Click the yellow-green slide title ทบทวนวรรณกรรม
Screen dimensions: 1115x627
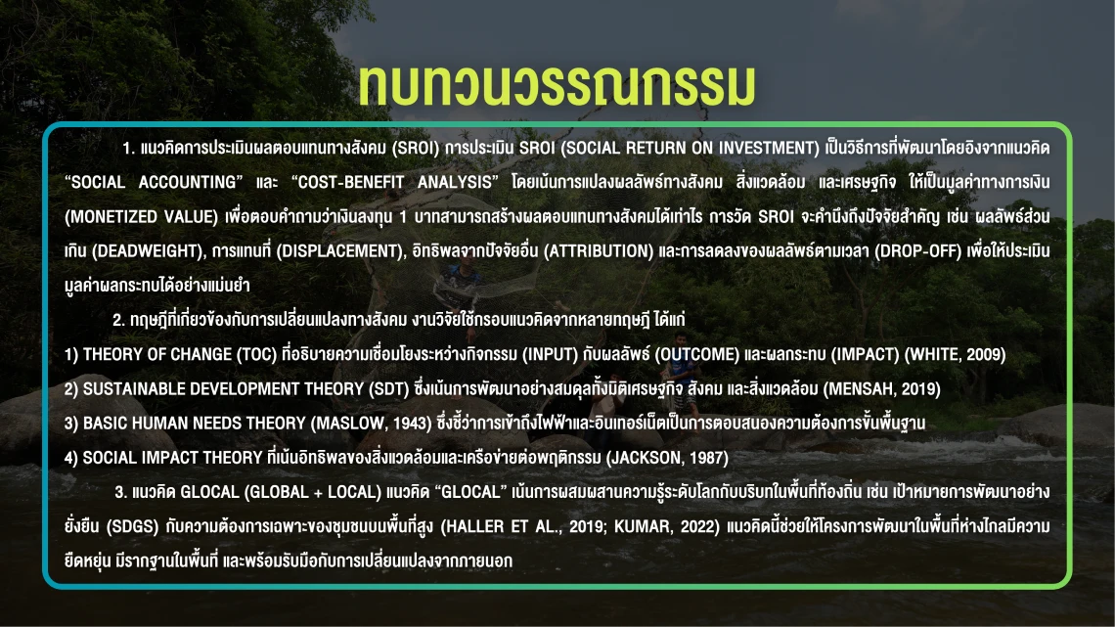click(x=557, y=85)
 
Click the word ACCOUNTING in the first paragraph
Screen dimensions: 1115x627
click(x=191, y=182)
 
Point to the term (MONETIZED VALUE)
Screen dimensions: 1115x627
click(x=142, y=217)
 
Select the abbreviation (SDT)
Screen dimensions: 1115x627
click(x=388, y=389)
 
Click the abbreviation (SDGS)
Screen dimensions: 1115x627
click(x=132, y=527)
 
